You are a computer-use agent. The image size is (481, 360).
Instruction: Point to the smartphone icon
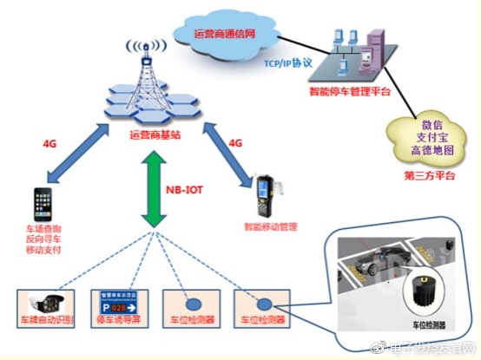44,203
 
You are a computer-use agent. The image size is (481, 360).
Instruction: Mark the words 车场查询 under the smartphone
43,231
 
